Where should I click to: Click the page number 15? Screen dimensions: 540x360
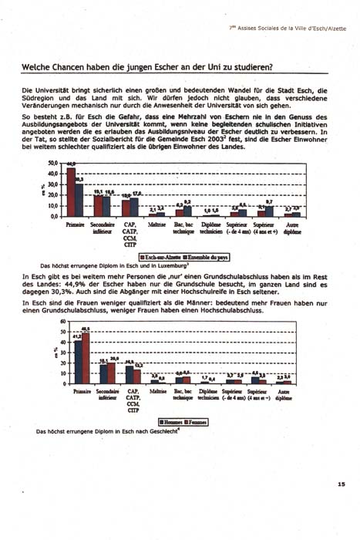pyautogui.click(x=341, y=484)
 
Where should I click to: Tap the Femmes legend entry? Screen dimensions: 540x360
pyautogui.click(x=198, y=422)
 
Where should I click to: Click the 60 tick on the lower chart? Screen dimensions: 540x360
pyautogui.click(x=54, y=322)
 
